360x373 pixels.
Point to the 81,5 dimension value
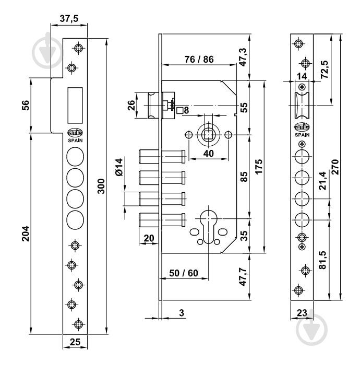[323, 260]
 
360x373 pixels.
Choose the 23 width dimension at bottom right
[301, 314]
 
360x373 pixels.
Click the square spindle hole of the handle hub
[208, 135]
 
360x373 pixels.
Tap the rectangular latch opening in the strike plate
[75, 104]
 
